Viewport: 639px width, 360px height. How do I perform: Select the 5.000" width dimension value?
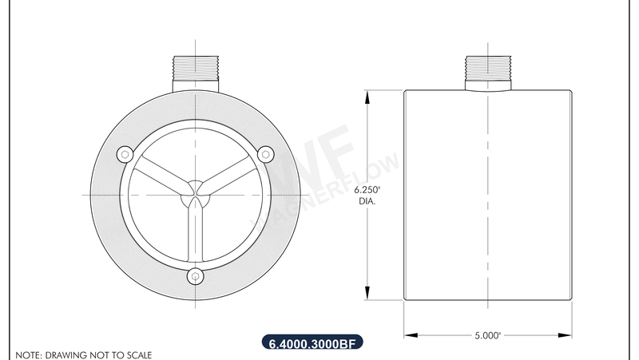(x=486, y=336)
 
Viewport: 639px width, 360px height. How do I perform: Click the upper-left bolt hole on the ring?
(x=125, y=153)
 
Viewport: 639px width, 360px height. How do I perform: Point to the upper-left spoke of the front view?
(x=160, y=176)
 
